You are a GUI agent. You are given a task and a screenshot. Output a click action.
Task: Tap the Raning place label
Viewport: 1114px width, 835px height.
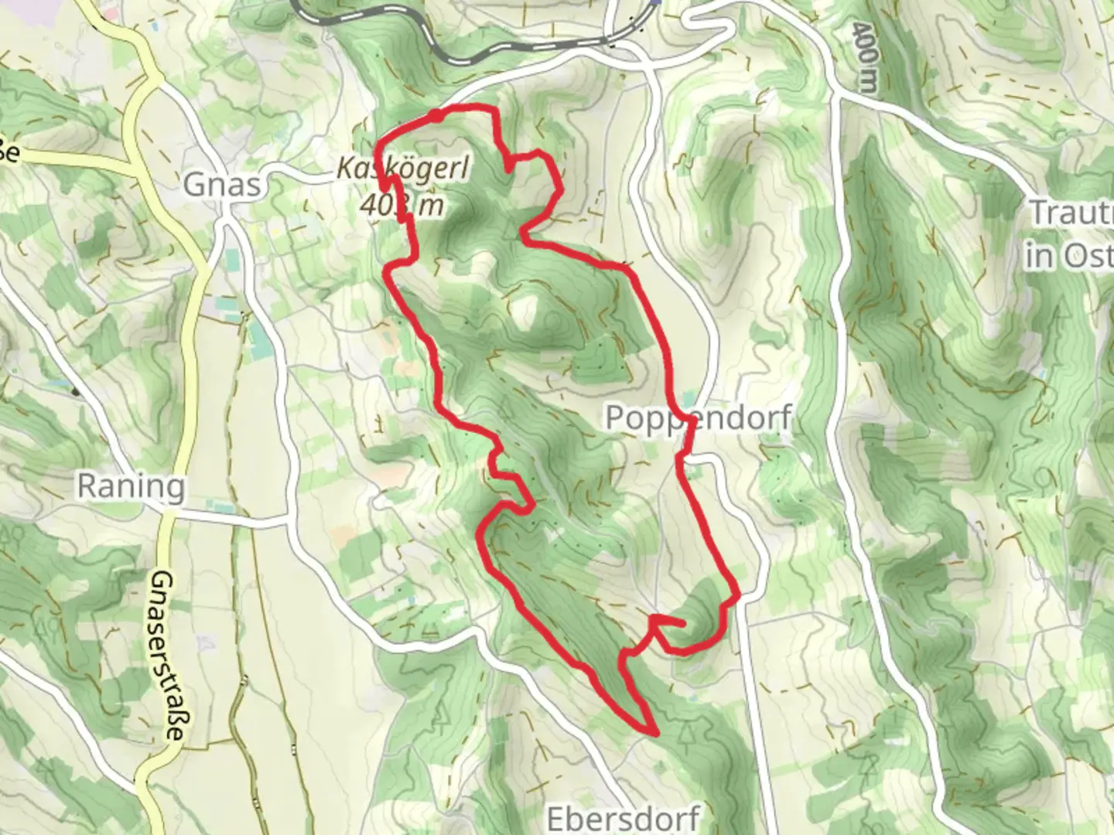132,487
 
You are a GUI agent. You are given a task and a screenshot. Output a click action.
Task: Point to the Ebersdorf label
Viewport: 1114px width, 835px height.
624,817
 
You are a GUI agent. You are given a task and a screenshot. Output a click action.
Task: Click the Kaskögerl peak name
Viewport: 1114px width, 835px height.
403,169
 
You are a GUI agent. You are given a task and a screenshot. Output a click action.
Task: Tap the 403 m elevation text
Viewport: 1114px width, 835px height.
403,206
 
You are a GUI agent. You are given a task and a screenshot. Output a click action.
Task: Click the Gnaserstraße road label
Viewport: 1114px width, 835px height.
166,656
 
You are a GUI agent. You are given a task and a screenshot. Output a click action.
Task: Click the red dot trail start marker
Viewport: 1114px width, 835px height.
436,116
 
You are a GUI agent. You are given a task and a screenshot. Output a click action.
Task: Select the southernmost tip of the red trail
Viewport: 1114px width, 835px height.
654,731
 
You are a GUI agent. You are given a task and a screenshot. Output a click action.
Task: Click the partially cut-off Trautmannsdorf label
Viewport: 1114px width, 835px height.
1071,213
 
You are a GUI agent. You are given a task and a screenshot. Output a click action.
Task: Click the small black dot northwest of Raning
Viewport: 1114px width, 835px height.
75,392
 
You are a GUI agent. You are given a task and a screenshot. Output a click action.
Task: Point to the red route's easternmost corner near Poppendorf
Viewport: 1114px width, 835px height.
739,595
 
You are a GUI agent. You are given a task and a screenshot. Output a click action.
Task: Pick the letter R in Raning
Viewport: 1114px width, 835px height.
87,487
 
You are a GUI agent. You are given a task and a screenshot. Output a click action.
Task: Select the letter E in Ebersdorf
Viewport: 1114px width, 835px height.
556,817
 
